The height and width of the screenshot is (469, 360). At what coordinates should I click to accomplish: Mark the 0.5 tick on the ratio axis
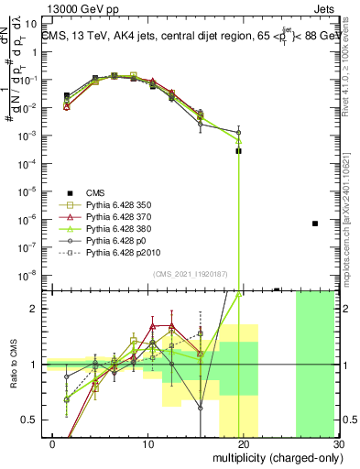point(34,420)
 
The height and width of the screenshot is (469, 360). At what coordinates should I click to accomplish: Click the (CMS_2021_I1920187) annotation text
point(193,274)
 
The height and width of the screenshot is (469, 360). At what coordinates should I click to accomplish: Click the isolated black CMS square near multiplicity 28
point(315,224)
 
